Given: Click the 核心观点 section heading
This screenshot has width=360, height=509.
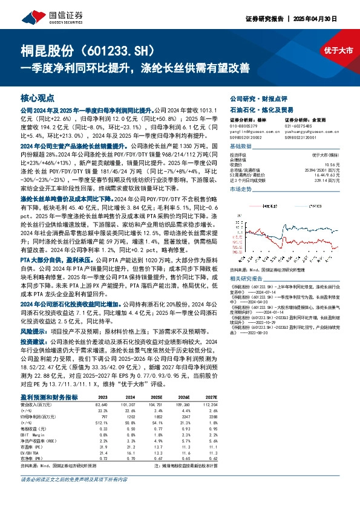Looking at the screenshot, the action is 38,97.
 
